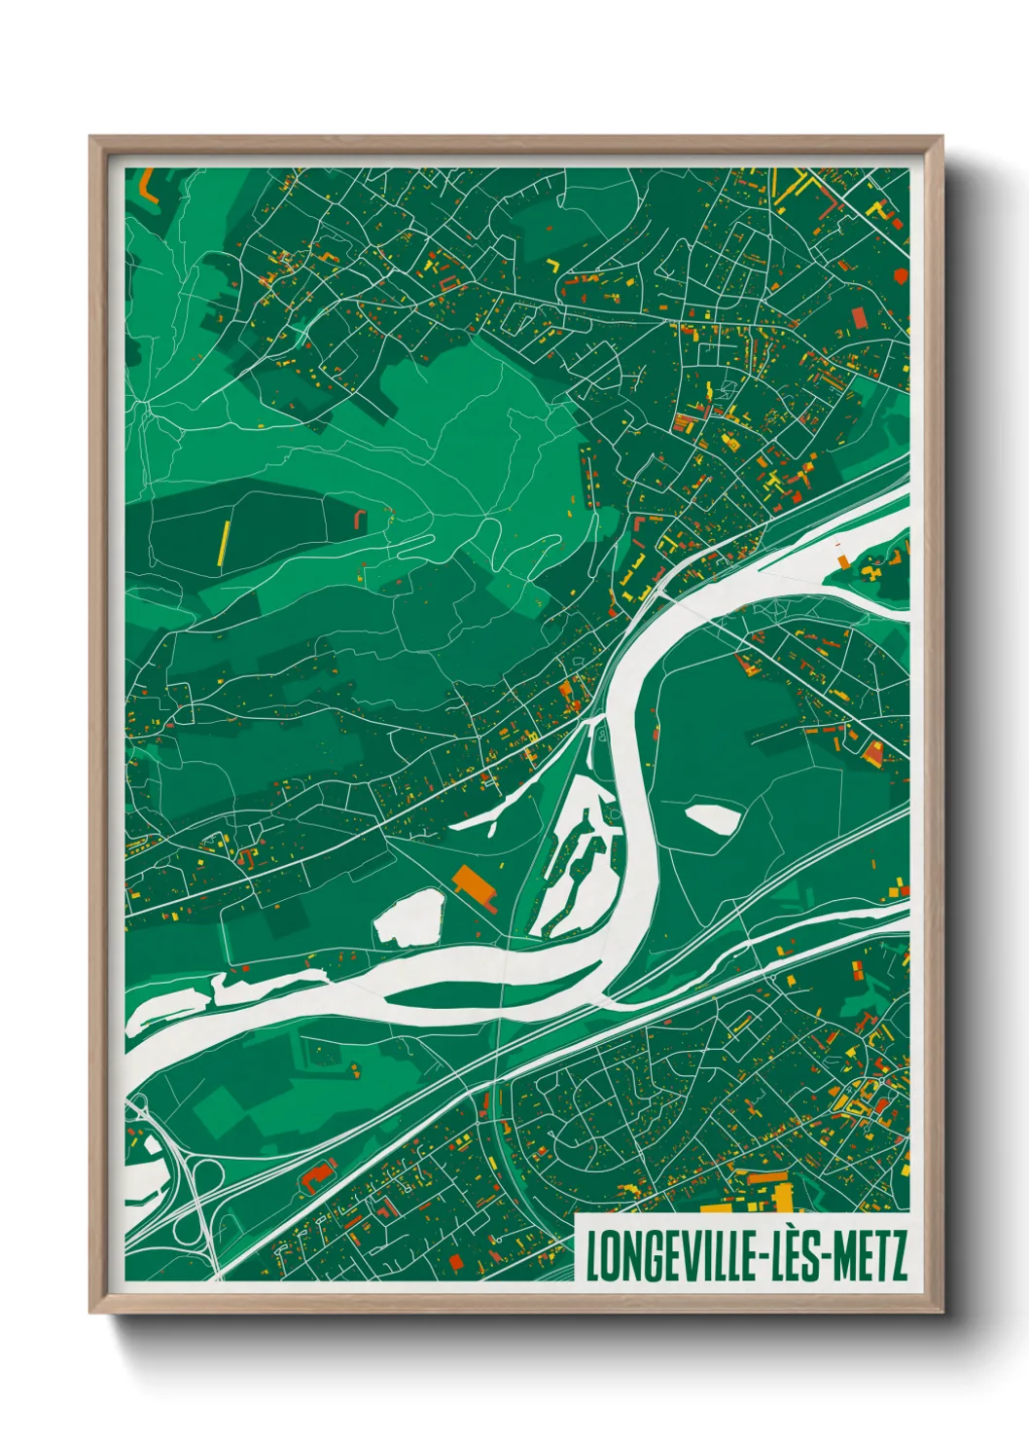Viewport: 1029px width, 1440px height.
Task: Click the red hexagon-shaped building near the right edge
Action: tap(902, 276)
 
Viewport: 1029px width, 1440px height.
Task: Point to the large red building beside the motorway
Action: tap(317, 1175)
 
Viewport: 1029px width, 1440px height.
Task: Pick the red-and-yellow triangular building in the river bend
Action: tap(872, 751)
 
